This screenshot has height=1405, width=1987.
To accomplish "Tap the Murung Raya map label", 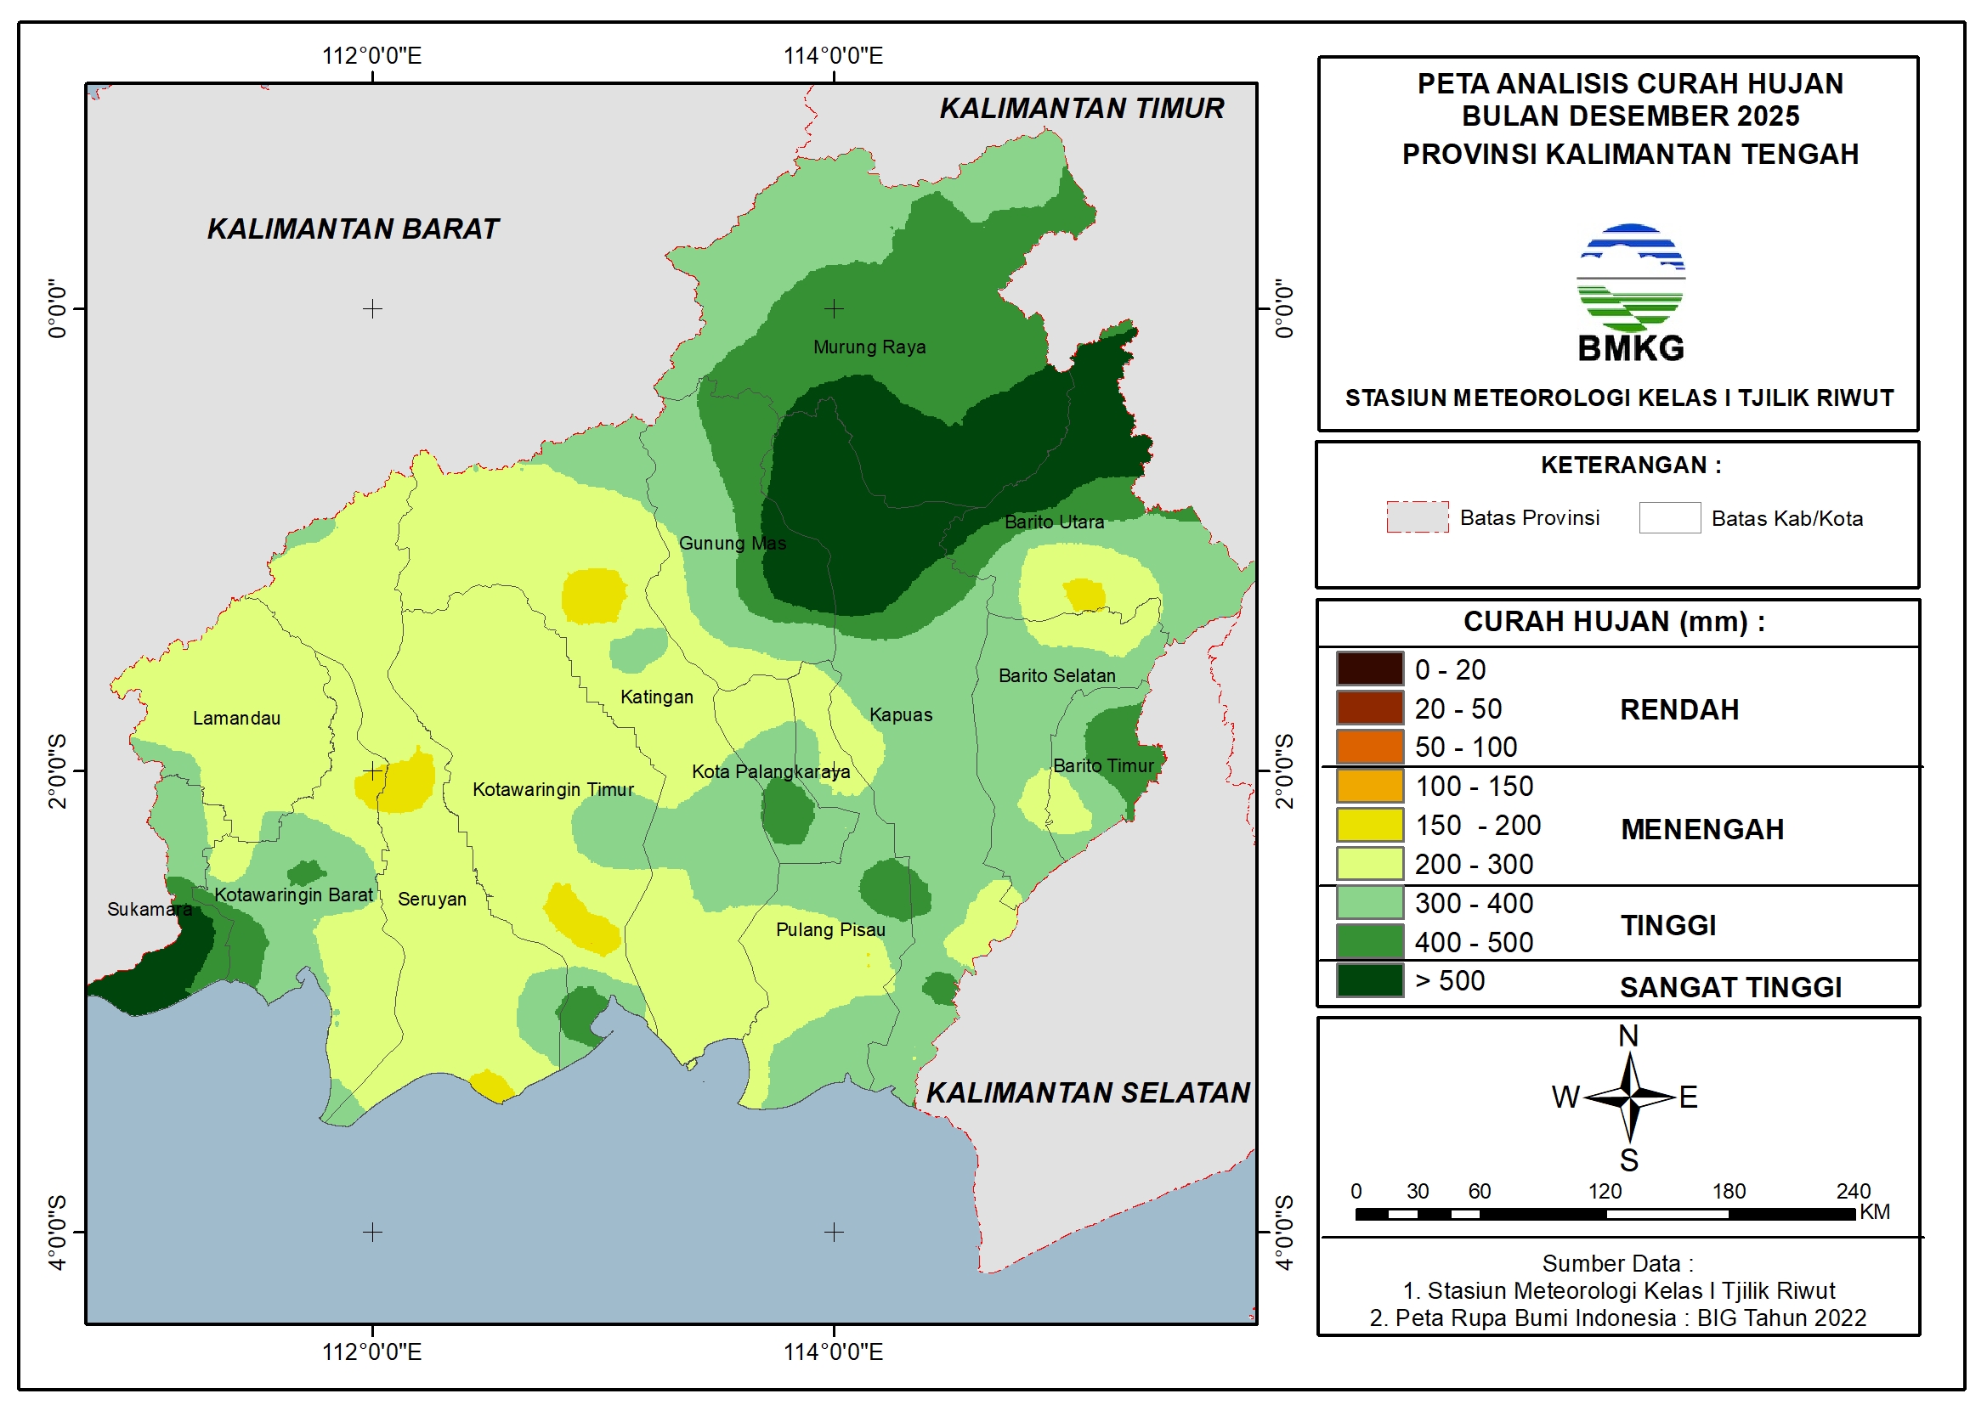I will (x=869, y=347).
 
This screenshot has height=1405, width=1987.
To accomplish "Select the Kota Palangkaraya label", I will (x=770, y=771).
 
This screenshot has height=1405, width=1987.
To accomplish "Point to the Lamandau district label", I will (x=236, y=718).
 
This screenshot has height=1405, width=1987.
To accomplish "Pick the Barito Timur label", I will (x=1103, y=765).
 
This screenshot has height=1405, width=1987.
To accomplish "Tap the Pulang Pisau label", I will (x=830, y=930).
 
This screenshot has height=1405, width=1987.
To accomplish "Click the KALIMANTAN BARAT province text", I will (x=353, y=229).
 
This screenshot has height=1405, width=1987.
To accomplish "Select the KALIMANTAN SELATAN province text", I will (x=1088, y=1092).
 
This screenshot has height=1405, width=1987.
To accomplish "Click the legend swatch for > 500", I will (x=1369, y=981).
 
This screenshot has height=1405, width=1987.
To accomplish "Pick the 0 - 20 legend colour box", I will (x=1369, y=669).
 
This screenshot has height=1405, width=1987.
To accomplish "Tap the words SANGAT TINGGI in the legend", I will (x=1730, y=988).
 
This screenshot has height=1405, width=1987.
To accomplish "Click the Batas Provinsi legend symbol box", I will (x=1417, y=517).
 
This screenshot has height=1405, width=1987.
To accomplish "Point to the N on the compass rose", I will (x=1628, y=1036).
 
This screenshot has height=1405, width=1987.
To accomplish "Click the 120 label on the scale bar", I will (x=1605, y=1191).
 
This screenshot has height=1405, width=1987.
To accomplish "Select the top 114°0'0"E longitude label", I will (x=833, y=56).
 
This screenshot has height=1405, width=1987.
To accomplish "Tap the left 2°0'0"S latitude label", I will (x=57, y=770).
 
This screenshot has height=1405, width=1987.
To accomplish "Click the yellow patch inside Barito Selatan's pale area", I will (x=1084, y=595).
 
